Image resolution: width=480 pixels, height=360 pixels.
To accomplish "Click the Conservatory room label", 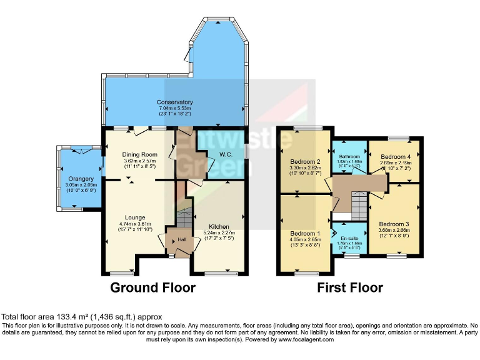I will point(174,102).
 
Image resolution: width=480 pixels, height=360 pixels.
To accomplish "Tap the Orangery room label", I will point(80,179).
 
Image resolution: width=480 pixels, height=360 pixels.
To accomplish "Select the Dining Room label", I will point(139,154).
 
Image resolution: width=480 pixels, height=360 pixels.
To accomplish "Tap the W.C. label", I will point(226,155).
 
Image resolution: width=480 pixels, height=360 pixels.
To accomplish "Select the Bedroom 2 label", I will point(306,161).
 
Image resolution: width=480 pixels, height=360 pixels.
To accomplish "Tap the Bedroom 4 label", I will point(395,156).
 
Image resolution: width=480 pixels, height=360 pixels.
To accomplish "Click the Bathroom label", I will point(349,156).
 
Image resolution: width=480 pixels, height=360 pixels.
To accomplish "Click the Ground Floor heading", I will point(152,288).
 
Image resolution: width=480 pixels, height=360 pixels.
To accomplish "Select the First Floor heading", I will point(349,288).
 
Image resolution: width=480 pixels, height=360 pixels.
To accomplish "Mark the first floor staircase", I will point(358,205).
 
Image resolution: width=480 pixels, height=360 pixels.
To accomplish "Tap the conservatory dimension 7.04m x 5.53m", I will point(174,109).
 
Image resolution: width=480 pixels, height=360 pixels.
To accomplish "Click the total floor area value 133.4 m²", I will point(71,317).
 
